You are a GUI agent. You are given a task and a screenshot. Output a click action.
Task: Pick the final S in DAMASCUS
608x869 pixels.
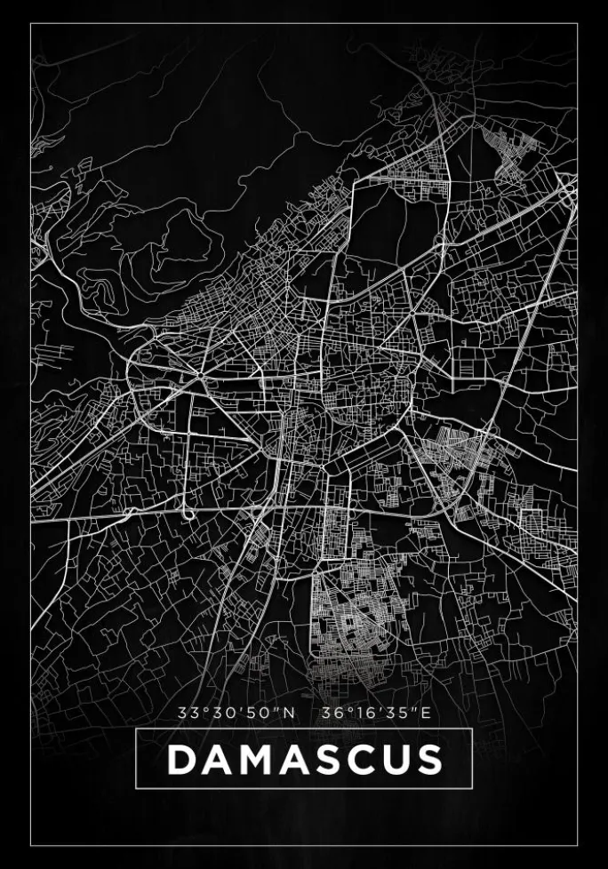click(x=428, y=759)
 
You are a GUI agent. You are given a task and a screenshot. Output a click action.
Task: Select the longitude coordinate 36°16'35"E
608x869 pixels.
click(x=377, y=712)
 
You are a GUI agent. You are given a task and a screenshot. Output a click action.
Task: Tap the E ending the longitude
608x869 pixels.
click(x=426, y=712)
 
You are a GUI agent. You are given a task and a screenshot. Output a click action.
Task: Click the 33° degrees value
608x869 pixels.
click(x=190, y=712)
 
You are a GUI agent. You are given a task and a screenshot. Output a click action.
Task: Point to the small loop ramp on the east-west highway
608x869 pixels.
click(x=188, y=514)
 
